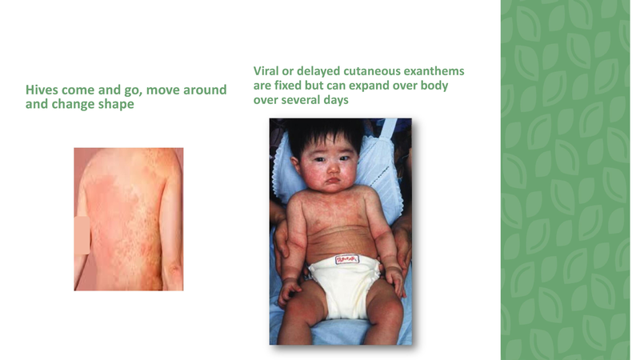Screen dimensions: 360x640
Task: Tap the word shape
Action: click(116, 104)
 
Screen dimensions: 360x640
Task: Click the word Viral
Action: click(269, 72)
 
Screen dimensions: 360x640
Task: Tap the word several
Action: click(307, 101)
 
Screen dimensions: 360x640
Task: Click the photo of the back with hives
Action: click(132, 216)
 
